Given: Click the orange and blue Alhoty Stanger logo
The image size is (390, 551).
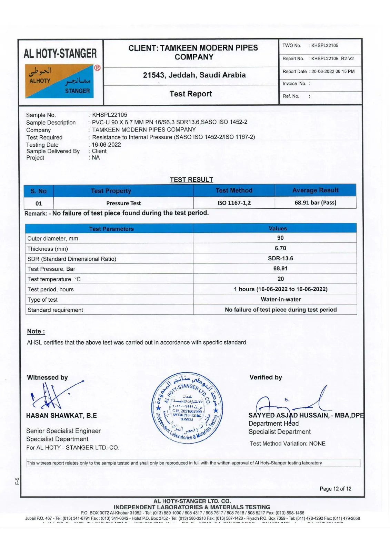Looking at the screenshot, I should [59, 81].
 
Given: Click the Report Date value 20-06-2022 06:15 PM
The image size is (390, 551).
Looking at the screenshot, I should [333, 72].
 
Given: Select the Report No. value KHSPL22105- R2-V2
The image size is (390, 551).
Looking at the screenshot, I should [332, 59].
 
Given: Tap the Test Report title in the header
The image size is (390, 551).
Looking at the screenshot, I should [191, 94].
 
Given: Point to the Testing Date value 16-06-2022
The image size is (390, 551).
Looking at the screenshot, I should [106, 145].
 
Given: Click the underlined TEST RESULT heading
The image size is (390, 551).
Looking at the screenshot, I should [191, 180].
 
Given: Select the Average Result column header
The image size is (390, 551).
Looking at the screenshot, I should [315, 190].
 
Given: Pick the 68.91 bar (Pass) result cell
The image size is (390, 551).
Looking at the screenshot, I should [315, 202].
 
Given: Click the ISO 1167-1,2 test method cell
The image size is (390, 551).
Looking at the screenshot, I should [234, 203].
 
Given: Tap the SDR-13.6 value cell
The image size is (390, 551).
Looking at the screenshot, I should [280, 258].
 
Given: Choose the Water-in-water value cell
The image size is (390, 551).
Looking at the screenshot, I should [281, 299].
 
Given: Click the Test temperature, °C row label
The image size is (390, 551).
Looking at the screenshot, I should [54, 279].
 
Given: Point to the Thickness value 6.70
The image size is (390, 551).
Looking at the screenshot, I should [280, 248].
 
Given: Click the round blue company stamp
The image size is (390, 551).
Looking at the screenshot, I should [187, 407].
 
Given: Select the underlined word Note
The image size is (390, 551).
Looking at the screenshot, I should [36, 331].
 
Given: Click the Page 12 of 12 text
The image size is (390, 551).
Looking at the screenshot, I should [335, 489].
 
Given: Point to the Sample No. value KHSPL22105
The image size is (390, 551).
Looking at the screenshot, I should [109, 115].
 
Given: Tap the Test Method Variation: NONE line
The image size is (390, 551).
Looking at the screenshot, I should [287, 444].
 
